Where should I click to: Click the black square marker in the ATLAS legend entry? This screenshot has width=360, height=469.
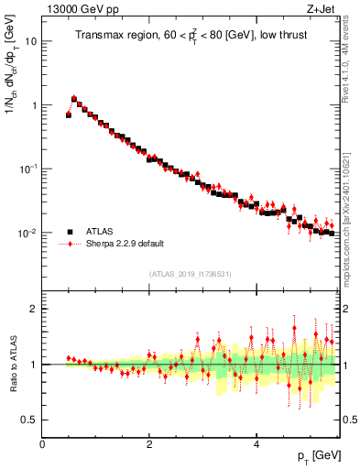70,231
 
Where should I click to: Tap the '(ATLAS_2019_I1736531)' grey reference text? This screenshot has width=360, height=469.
191,274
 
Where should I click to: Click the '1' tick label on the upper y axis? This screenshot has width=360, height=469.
34,105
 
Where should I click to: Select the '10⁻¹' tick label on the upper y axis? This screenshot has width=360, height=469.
28,169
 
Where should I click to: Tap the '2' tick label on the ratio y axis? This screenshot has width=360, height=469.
33,309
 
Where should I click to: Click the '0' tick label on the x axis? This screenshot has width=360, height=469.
42,443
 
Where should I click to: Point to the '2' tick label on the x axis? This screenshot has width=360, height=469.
149,443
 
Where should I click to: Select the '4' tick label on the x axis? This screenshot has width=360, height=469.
256,443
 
